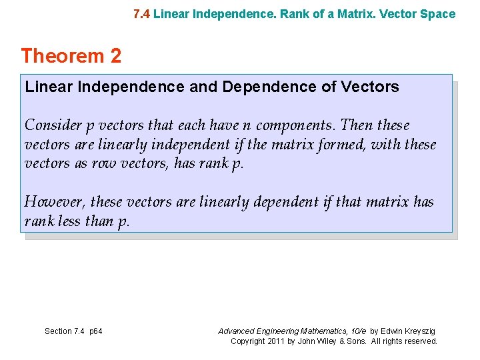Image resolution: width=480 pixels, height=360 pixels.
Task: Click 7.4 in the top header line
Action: click(141, 14)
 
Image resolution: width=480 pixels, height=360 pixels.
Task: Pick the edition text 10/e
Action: click(356, 331)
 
